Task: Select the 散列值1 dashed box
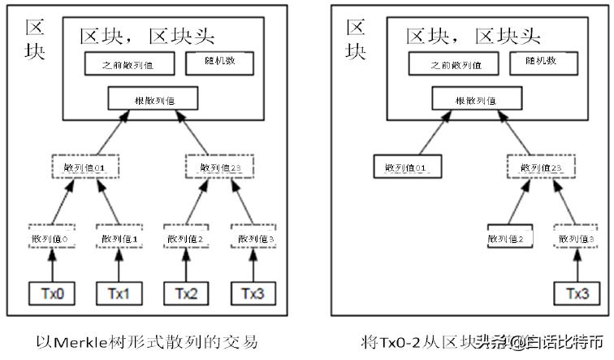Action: coord(119,238)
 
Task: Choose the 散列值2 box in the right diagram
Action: coord(510,238)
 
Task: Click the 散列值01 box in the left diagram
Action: coord(86,168)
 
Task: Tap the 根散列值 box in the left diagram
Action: coord(152,100)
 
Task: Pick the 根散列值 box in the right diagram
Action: coord(477,100)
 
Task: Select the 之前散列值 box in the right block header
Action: coord(452,64)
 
